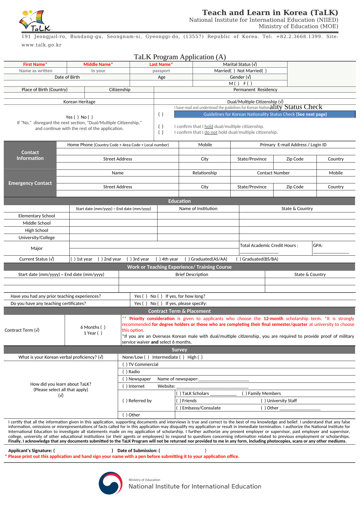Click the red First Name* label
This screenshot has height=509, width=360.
[35, 64]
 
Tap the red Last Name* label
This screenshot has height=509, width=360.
[161, 64]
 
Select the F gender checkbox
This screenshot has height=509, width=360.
[250, 84]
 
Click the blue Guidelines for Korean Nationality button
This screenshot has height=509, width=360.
[265, 114]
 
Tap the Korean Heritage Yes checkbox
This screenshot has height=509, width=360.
[76, 117]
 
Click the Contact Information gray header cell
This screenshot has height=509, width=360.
[30, 155]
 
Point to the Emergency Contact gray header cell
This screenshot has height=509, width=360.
[30, 183]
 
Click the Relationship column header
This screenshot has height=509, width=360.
[205, 173]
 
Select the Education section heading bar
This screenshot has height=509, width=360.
[179, 201]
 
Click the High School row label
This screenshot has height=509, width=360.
[37, 230]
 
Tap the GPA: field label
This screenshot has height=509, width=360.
[318, 246]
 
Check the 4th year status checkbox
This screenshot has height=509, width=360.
[158, 259]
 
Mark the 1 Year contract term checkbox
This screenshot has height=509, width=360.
[100, 333]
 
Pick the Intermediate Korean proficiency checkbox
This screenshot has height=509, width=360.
[182, 357]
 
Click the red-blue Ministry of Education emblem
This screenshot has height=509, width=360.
[111, 483]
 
